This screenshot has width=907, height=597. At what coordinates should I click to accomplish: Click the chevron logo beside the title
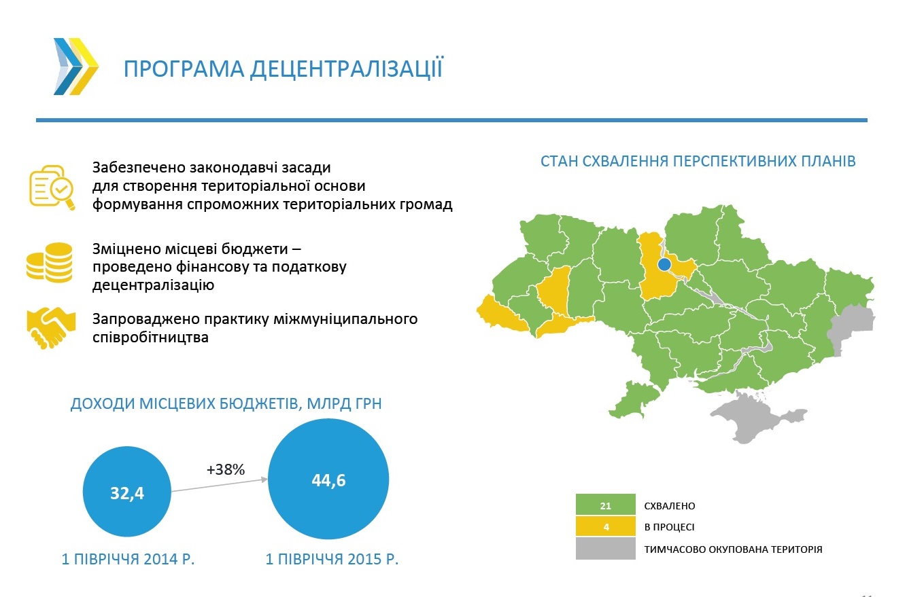(75, 67)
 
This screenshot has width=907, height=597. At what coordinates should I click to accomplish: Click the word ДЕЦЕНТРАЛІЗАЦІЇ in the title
(346, 69)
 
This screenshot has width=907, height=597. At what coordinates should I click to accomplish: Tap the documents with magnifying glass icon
(52, 187)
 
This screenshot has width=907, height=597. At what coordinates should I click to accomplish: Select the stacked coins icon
(50, 262)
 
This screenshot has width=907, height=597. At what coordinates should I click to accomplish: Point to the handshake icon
(51, 327)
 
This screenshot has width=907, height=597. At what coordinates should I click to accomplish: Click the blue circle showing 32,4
(126, 492)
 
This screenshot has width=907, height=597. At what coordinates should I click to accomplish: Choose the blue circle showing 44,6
(328, 479)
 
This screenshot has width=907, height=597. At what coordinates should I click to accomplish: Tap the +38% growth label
(226, 469)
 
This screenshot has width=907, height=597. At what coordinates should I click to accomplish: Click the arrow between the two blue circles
(219, 486)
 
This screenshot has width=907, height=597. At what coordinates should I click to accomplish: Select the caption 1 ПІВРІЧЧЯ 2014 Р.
(128, 559)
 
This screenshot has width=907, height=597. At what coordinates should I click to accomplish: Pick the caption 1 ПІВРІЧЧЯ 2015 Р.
(332, 559)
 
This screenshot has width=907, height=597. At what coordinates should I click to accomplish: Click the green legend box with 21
(605, 505)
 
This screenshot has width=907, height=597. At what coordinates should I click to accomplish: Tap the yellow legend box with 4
(605, 526)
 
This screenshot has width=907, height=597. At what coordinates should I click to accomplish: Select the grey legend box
(605, 548)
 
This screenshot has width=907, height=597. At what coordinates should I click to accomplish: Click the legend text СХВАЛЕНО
(670, 505)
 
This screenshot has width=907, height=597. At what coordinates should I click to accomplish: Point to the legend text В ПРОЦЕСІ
(669, 527)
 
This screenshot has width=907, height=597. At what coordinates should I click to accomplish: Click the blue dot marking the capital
(664, 264)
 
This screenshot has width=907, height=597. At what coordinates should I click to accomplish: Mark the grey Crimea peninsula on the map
(754, 416)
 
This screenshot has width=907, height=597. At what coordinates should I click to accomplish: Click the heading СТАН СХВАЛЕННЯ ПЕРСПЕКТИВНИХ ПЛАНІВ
(698, 162)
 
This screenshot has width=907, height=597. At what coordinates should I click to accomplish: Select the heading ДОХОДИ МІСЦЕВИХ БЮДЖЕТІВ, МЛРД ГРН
(226, 403)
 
